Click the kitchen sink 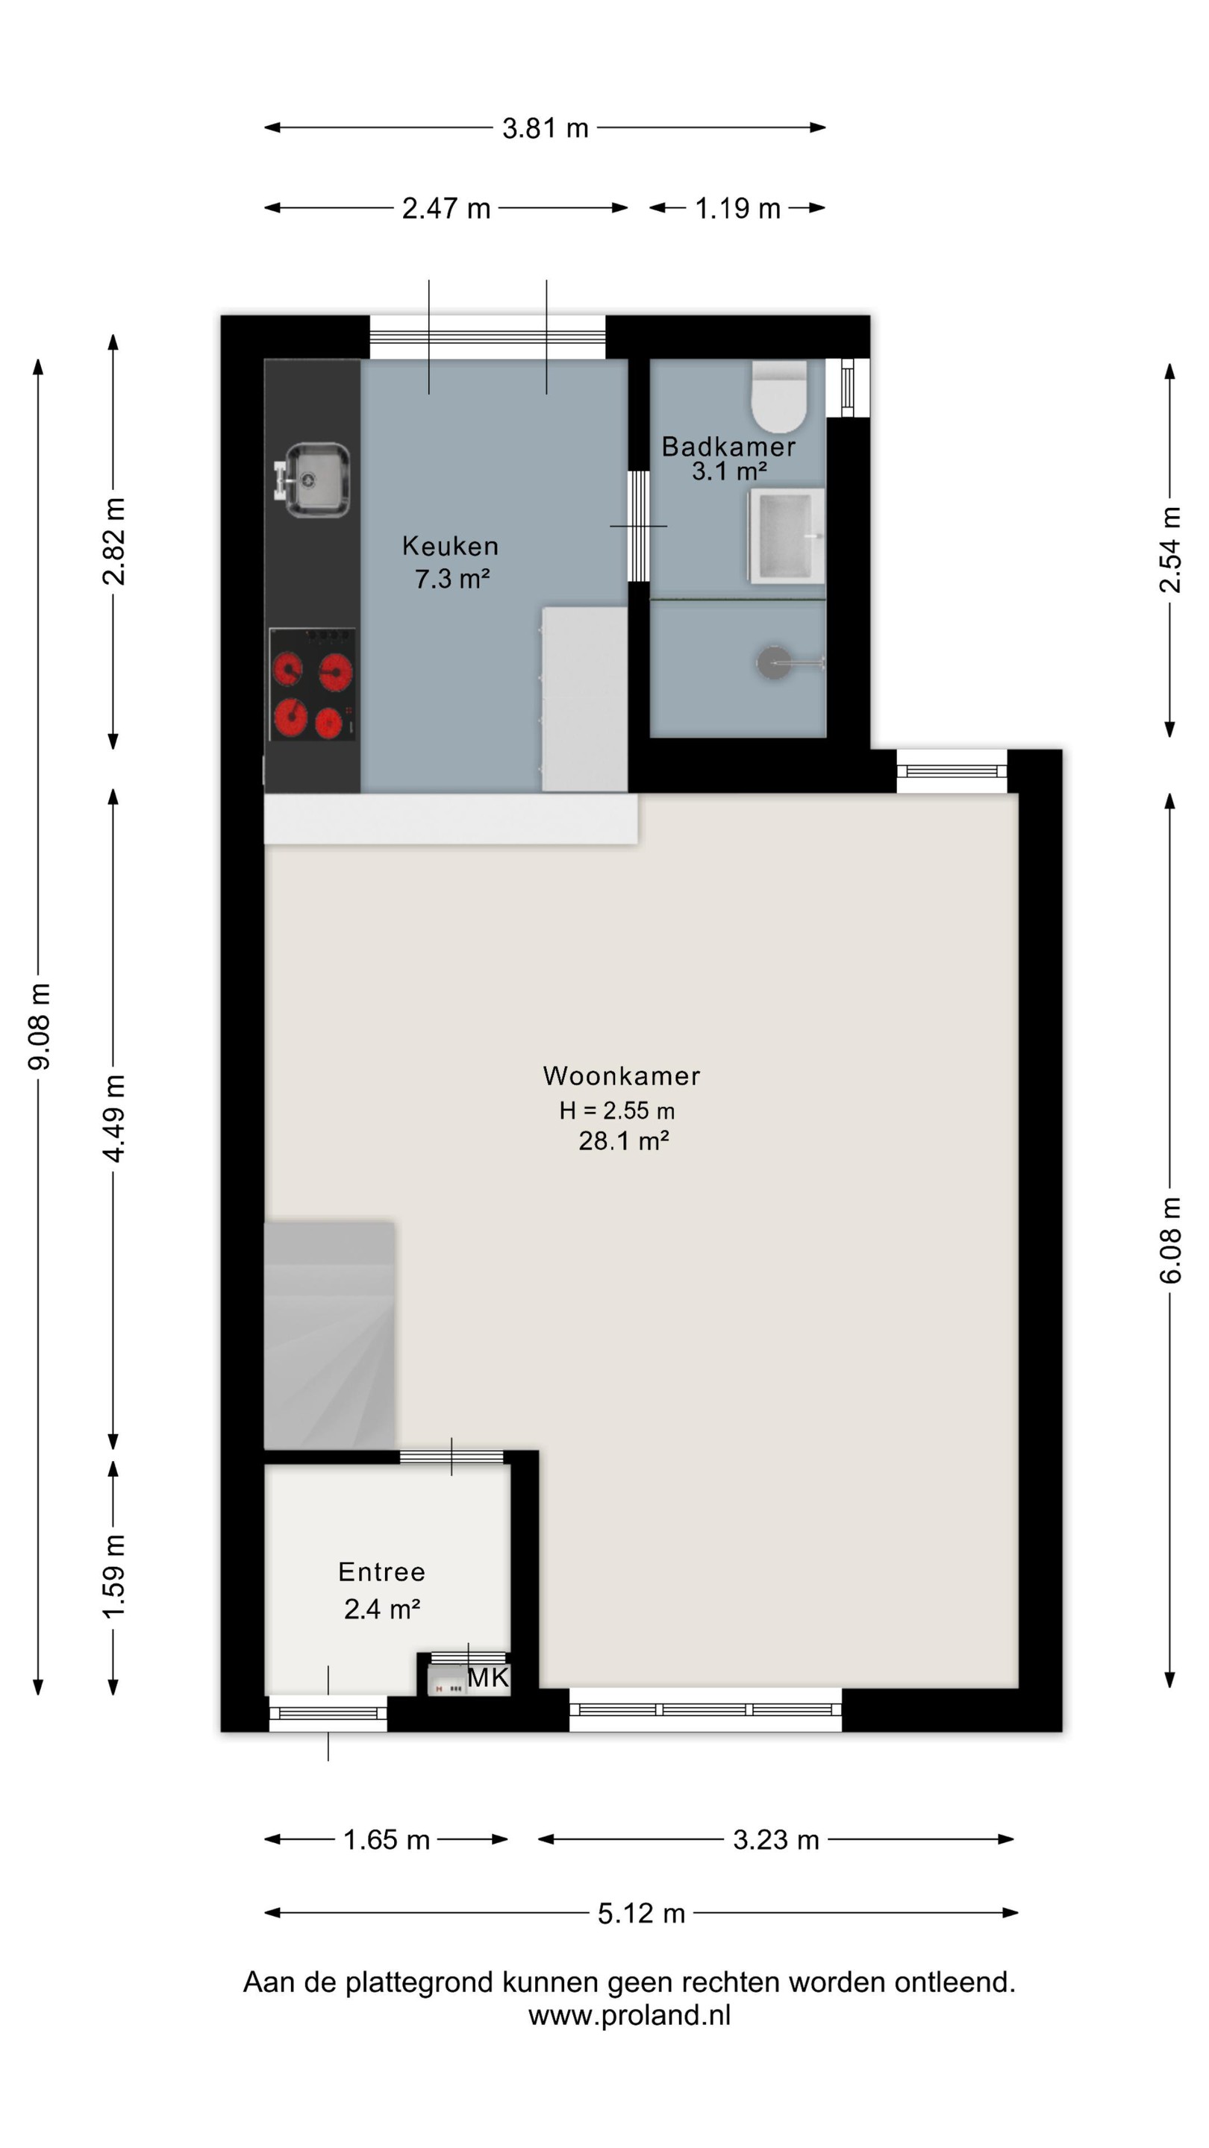(x=312, y=480)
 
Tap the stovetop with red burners (x=312, y=685)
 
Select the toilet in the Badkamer (x=778, y=396)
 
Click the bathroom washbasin (x=787, y=536)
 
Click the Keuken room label (x=451, y=546)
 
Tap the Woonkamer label (x=622, y=1075)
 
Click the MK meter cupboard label (x=488, y=1677)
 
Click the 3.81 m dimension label (x=546, y=128)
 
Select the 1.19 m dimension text (x=737, y=209)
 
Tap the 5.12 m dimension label (x=642, y=1913)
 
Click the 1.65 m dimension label (x=387, y=1839)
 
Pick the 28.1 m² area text (x=624, y=1140)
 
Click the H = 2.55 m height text (x=617, y=1111)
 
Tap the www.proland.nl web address (x=629, y=2014)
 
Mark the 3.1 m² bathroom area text (x=729, y=472)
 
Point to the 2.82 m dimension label (x=113, y=541)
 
